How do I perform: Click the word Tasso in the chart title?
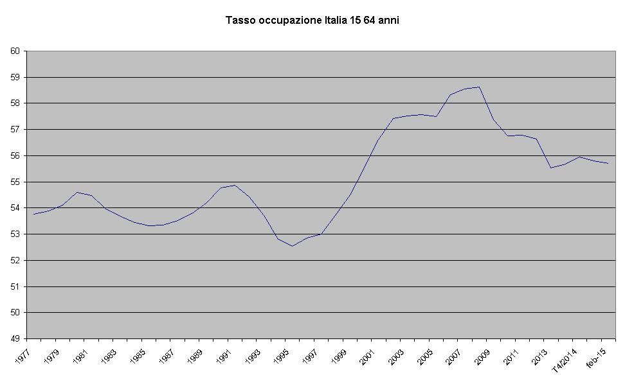click(240, 21)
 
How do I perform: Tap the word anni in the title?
click(388, 21)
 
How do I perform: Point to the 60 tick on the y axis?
click(15, 51)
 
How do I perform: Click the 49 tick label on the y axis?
click(15, 338)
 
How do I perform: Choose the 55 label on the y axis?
click(15, 182)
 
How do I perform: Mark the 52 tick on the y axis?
click(15, 260)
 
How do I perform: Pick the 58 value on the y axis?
click(15, 103)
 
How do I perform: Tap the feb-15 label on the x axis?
click(598, 355)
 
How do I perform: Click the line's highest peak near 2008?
click(479, 87)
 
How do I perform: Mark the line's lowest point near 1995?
click(293, 246)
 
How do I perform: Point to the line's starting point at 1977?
click(34, 214)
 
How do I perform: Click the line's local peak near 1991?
click(235, 185)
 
